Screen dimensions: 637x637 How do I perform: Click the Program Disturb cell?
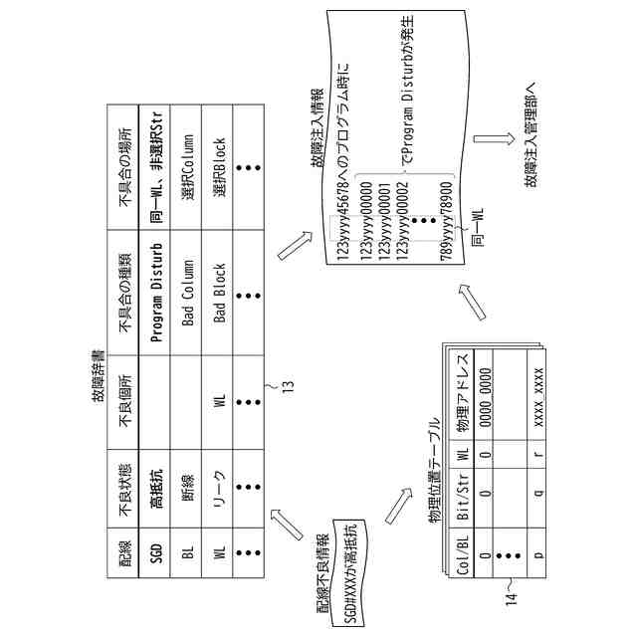point(156,288)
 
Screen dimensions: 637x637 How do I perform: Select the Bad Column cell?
point(188,289)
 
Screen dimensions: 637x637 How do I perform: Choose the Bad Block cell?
point(220,289)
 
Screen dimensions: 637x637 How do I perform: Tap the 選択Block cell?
point(220,170)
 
